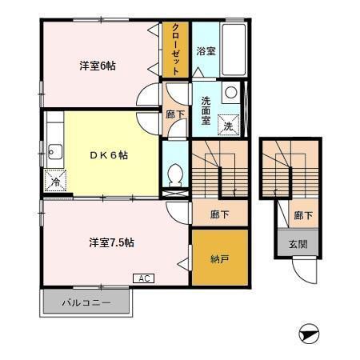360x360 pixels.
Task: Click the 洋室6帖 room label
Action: [x=98, y=66]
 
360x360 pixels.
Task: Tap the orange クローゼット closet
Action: [x=175, y=50]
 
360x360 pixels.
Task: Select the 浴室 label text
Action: [x=206, y=51]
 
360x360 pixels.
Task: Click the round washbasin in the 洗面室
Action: [x=230, y=91]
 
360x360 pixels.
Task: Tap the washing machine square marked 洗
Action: [x=228, y=125]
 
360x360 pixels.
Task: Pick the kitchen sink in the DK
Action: [x=54, y=150]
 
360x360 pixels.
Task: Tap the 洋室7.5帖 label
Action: [x=110, y=242]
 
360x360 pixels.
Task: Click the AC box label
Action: [x=144, y=278]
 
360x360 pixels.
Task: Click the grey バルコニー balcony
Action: [x=86, y=303]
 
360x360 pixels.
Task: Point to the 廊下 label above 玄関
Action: [x=302, y=215]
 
